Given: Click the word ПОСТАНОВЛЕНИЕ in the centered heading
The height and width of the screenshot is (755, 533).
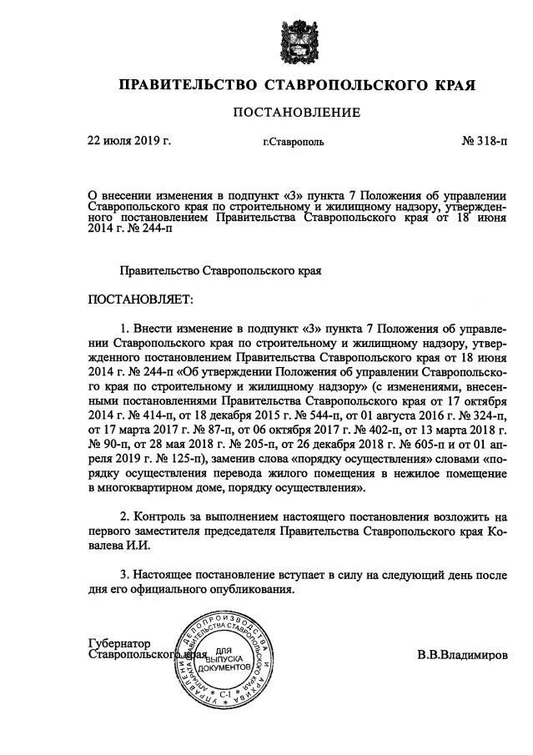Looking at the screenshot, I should [297, 112].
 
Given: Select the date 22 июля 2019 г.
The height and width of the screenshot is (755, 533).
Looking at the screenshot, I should [129, 141].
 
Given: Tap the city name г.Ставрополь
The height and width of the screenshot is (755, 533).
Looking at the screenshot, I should [294, 143].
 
